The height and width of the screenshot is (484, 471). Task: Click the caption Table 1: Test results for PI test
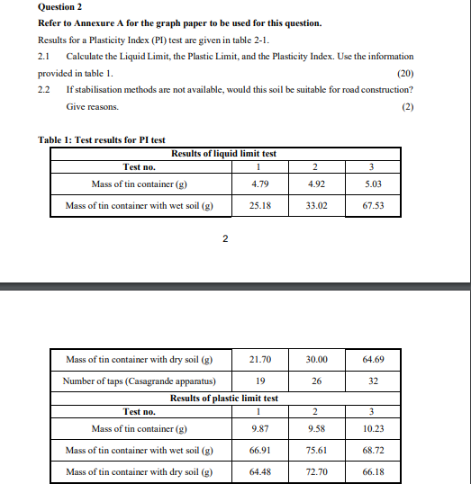coord(102,139)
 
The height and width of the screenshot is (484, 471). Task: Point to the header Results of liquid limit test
coord(223,154)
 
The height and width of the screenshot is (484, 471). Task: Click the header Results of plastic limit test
coord(224,398)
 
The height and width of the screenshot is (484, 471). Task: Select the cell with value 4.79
coord(259,184)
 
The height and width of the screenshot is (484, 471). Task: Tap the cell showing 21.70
coord(259,360)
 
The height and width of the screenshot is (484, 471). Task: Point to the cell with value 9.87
coord(259,428)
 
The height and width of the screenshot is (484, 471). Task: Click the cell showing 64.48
coord(259,471)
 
